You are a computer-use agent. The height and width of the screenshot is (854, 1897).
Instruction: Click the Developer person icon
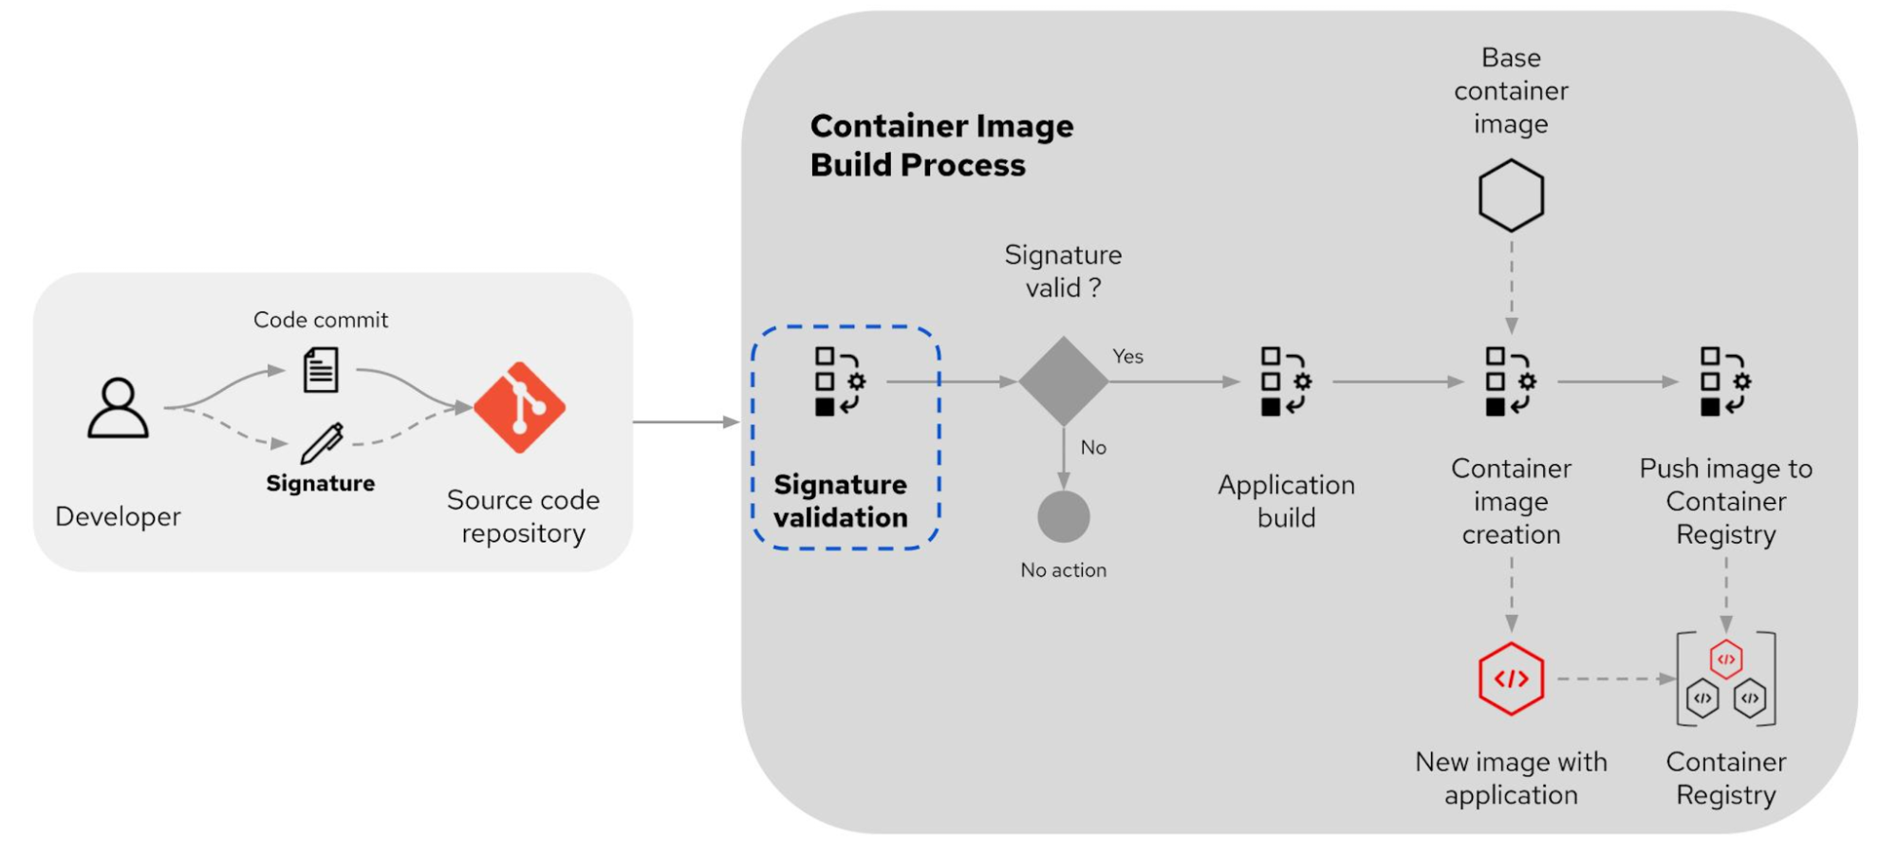tap(118, 408)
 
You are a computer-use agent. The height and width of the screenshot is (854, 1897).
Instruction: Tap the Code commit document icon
tap(321, 370)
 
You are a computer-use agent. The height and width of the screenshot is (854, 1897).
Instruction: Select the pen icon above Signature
tap(322, 443)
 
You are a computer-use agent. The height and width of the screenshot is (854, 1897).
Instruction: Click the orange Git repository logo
tap(519, 407)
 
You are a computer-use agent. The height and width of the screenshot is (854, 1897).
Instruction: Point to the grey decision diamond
tap(1063, 381)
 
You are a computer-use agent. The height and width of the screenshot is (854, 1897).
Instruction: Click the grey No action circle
tap(1063, 516)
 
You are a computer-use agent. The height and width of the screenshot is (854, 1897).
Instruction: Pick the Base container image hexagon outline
tap(1511, 195)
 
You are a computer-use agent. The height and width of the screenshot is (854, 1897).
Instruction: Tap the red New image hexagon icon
tap(1511, 678)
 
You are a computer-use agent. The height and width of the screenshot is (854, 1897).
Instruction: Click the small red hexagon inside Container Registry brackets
tap(1725, 659)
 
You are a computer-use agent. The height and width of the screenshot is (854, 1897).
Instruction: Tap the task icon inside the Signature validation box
tap(840, 381)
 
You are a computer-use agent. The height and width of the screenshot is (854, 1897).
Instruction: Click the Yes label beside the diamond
tap(1127, 357)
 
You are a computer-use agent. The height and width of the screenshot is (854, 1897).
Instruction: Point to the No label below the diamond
tap(1093, 448)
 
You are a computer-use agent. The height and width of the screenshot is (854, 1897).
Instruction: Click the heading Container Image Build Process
tap(940, 145)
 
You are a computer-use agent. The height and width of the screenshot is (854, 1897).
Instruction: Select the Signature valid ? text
tap(1063, 271)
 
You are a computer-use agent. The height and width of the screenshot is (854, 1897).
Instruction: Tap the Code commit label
tap(321, 320)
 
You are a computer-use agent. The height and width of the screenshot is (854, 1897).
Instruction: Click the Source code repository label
tap(523, 516)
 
